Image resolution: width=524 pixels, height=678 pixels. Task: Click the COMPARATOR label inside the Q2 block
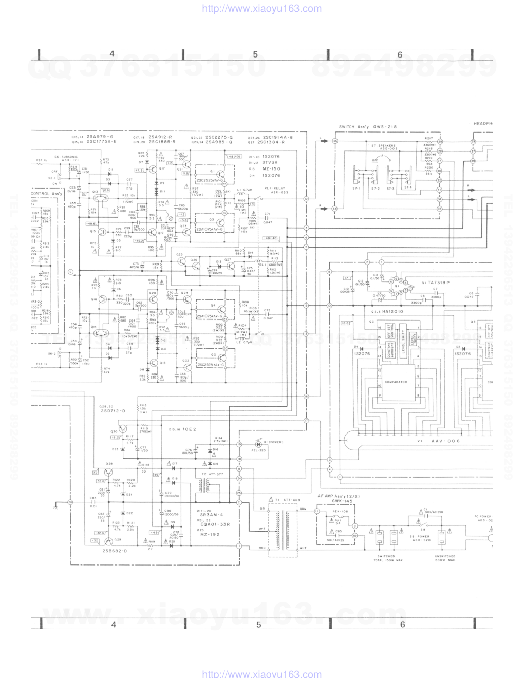click(396, 382)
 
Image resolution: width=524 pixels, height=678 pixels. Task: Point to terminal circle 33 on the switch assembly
click(334, 209)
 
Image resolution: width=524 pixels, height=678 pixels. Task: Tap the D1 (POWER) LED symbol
click(259, 443)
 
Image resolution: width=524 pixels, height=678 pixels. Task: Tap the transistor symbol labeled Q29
click(109, 541)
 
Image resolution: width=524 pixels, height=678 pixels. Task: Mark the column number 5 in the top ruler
click(255, 55)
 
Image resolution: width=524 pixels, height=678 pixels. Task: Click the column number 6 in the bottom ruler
click(402, 624)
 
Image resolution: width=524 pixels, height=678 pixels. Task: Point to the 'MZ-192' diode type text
click(209, 535)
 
